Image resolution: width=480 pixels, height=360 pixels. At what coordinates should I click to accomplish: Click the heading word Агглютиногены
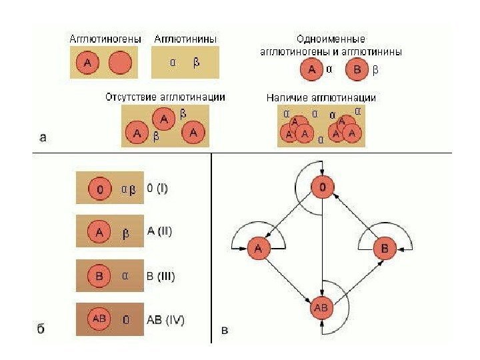[105, 39]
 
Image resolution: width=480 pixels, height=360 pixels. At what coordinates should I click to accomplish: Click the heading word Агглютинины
[185, 39]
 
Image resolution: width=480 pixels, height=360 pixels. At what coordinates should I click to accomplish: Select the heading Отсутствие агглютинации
[165, 97]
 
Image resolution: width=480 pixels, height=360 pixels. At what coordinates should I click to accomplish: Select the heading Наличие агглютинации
[321, 97]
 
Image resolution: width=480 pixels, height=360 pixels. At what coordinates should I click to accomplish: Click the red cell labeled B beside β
[358, 69]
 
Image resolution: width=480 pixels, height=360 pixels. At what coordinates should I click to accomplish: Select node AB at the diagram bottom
[321, 308]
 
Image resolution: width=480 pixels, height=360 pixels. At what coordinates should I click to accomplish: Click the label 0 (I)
[157, 189]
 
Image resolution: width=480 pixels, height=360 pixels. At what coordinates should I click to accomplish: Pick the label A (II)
[159, 232]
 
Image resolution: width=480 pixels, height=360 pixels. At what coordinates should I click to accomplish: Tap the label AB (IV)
[165, 319]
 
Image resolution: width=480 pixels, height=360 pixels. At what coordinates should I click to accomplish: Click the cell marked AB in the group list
[99, 319]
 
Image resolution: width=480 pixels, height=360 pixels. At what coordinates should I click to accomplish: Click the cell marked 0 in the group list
[100, 190]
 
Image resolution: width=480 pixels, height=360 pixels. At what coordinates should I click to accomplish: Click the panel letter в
[225, 329]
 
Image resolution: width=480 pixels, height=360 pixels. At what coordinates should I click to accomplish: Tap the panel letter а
[43, 139]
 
